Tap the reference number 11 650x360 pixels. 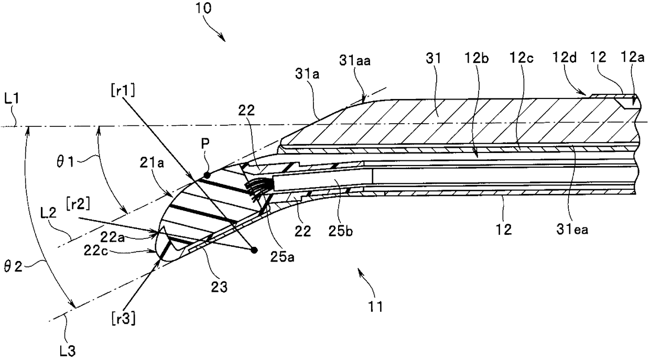(x=377, y=303)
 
